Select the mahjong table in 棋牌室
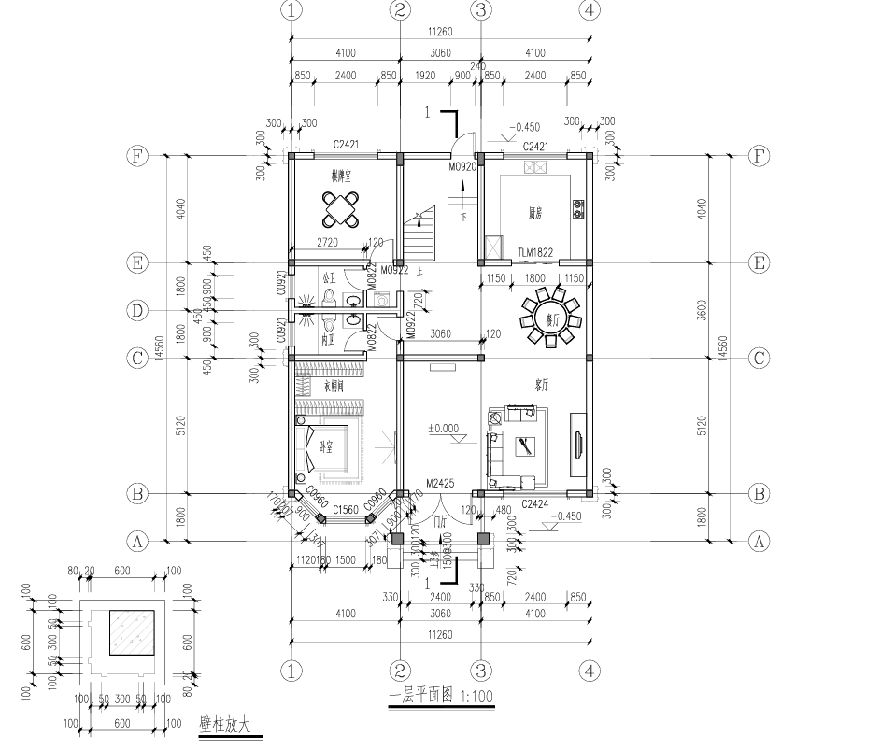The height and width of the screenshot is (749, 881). [341, 210]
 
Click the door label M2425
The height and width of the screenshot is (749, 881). [439, 484]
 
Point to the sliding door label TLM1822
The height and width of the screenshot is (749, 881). [536, 252]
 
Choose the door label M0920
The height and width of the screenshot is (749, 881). [462, 167]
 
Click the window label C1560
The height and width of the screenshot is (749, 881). [346, 509]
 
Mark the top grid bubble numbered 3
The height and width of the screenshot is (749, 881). [480, 10]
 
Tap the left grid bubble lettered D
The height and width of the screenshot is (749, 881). [137, 309]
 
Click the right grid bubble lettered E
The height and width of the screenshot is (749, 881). [759, 263]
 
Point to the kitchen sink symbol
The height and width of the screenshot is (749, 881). [536, 168]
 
